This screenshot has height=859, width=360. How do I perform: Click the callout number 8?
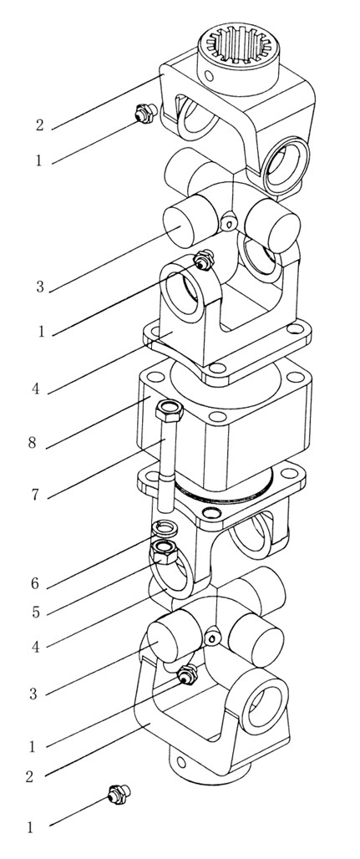tap(33, 442)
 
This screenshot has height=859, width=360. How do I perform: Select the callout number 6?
tap(35, 584)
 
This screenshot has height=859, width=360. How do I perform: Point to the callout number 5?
tap(36, 612)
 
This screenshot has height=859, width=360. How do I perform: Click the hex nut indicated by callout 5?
tap(164, 551)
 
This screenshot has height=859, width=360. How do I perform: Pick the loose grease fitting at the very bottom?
tap(119, 795)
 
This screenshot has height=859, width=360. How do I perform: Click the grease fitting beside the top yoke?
tap(145, 114)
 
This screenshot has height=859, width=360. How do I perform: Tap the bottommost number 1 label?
tap(31, 828)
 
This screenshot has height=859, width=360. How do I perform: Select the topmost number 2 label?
tap(39, 125)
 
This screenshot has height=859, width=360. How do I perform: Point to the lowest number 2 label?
tap(31, 776)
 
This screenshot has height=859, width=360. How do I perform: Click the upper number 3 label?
tap(39, 287)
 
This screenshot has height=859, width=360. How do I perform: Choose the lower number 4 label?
tap(35, 647)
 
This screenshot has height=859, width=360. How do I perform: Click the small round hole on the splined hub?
tap(209, 75)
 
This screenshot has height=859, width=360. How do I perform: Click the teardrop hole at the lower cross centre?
tap(211, 638)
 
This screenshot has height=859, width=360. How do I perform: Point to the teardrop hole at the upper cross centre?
tap(229, 221)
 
